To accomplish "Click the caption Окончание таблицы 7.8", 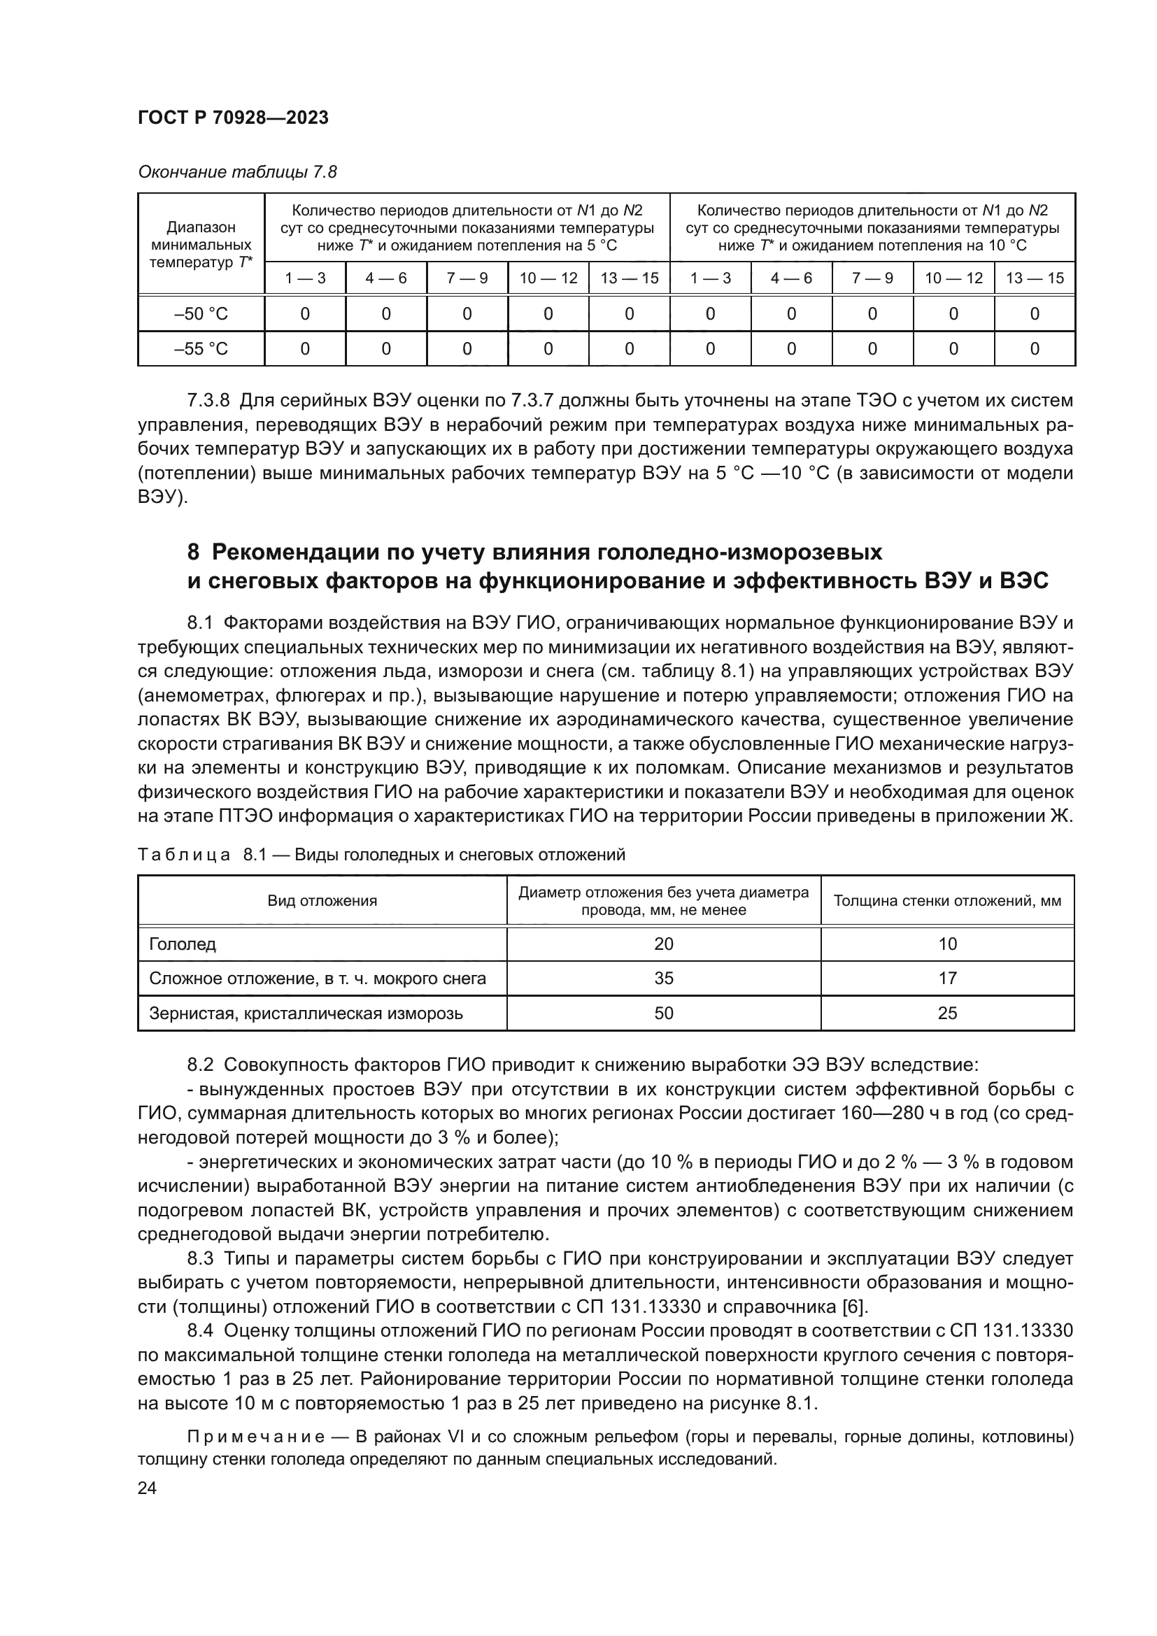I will pos(236,173).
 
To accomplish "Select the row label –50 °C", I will pos(201,314).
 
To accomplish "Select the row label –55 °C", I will pos(201,349).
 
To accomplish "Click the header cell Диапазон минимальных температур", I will pos(201,244).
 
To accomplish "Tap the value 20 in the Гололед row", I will pos(663,944).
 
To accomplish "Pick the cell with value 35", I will pos(663,979).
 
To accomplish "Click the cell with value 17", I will pos(947,979).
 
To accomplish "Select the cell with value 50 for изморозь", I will pos(663,1013).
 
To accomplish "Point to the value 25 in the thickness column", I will pos(947,1013).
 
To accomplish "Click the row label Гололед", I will pos(183,944).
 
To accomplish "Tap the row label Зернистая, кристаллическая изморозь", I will pos(306,1013).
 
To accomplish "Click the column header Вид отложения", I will pos(322,901).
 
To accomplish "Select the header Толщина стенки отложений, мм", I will pos(947,901).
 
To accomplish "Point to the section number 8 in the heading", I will pos(193,553).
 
